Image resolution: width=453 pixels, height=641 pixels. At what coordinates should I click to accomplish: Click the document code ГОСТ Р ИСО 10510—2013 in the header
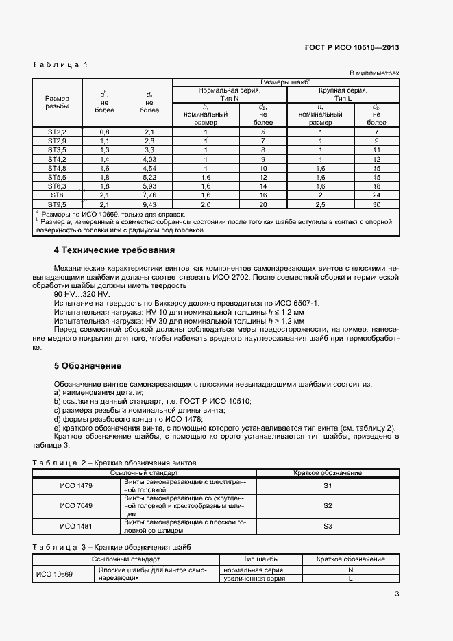point(351,47)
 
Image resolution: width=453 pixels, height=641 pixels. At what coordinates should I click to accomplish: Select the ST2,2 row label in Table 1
point(56,131)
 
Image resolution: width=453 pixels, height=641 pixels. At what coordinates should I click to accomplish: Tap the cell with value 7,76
point(149,195)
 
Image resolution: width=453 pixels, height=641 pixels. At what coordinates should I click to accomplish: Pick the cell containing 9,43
point(149,204)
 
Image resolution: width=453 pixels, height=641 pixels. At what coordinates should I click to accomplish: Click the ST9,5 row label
point(56,204)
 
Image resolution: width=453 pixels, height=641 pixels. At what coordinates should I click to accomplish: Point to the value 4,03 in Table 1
point(149,158)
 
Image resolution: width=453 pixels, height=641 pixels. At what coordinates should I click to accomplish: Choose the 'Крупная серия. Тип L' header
point(343,94)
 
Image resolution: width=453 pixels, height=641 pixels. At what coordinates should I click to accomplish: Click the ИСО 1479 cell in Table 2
point(76,485)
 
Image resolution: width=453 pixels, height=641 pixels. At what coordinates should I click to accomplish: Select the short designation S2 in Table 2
point(327,505)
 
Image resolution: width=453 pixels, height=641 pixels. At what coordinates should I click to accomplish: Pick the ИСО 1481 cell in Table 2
point(76,526)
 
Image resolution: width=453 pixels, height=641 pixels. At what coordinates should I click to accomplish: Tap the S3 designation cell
point(327,526)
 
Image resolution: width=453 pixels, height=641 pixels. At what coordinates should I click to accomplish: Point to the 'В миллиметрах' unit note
point(374,73)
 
